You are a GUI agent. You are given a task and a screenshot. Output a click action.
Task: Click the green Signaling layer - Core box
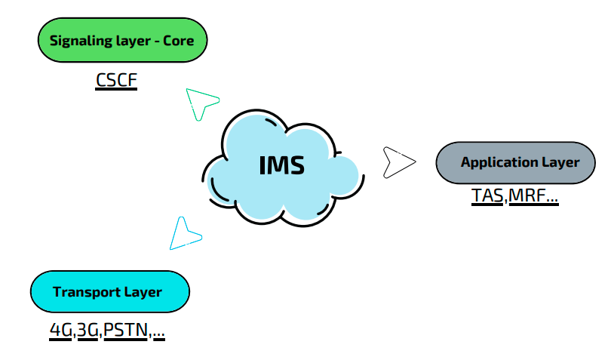click(122, 40)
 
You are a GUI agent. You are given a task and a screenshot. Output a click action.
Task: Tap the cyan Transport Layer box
click(110, 291)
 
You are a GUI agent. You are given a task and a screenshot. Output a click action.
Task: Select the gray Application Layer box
click(516, 162)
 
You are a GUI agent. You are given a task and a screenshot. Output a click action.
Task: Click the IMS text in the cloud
click(282, 165)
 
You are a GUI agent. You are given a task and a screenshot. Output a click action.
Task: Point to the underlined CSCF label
click(116, 80)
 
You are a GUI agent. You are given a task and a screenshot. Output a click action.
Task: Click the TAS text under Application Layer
click(487, 195)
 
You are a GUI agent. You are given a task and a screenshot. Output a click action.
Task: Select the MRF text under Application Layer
click(527, 195)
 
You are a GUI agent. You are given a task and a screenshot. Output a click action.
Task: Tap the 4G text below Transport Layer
click(60, 330)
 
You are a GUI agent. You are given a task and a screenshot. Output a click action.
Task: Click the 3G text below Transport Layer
click(87, 330)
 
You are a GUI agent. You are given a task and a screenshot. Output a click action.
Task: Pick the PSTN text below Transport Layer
click(126, 330)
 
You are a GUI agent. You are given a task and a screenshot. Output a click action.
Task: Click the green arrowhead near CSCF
click(200, 103)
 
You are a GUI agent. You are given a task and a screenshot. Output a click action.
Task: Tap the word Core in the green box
click(179, 41)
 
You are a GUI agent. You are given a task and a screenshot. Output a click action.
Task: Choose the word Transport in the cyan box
click(87, 292)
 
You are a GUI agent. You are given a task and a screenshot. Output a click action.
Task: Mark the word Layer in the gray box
click(560, 162)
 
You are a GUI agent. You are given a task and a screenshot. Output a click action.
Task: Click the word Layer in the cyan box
click(143, 292)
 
